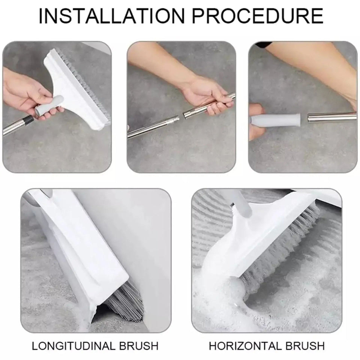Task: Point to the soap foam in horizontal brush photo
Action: coord(221,300)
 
